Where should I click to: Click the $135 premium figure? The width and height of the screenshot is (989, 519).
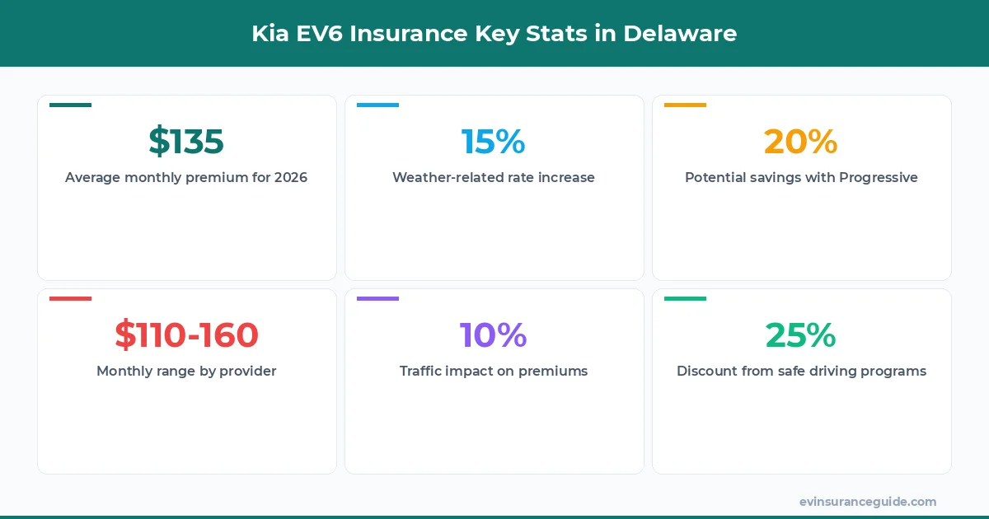(x=186, y=142)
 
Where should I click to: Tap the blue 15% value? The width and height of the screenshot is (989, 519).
(x=493, y=142)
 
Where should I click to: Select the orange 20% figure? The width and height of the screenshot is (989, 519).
(x=800, y=142)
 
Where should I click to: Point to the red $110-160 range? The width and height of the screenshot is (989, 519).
(x=186, y=335)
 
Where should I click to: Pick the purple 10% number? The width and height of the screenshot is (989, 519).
(x=493, y=335)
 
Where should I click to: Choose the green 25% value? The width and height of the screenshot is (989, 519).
(x=800, y=335)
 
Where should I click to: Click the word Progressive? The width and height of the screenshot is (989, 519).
(x=879, y=178)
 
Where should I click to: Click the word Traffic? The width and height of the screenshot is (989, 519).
(x=424, y=372)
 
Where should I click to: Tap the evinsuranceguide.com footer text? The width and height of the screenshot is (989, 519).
(x=868, y=502)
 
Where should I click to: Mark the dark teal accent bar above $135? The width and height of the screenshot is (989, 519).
(x=70, y=105)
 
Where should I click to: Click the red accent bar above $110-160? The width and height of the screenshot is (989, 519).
(x=70, y=298)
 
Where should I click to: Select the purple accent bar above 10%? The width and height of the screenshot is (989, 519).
(x=377, y=298)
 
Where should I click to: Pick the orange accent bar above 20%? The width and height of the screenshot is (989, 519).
(x=685, y=105)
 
